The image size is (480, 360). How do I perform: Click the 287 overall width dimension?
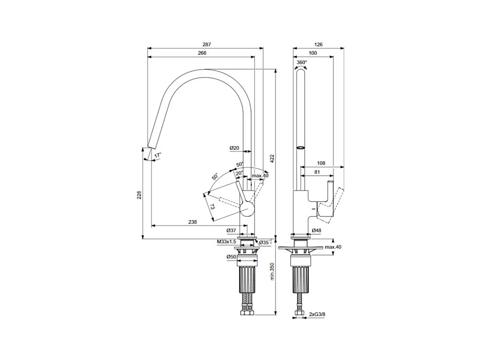[x=207, y=44]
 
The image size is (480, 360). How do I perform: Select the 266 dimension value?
[x=202, y=53]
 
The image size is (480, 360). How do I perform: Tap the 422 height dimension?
[x=272, y=158]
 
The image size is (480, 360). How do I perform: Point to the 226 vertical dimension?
[x=139, y=195]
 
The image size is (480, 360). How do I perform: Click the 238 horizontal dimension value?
[x=192, y=222]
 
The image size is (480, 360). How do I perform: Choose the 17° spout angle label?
[x=157, y=155]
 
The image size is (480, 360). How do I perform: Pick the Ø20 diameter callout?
[x=234, y=148]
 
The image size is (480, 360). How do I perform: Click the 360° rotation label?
[x=302, y=62]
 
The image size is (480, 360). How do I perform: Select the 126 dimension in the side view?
[x=318, y=44]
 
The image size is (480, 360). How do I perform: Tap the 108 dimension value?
[x=321, y=163]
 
